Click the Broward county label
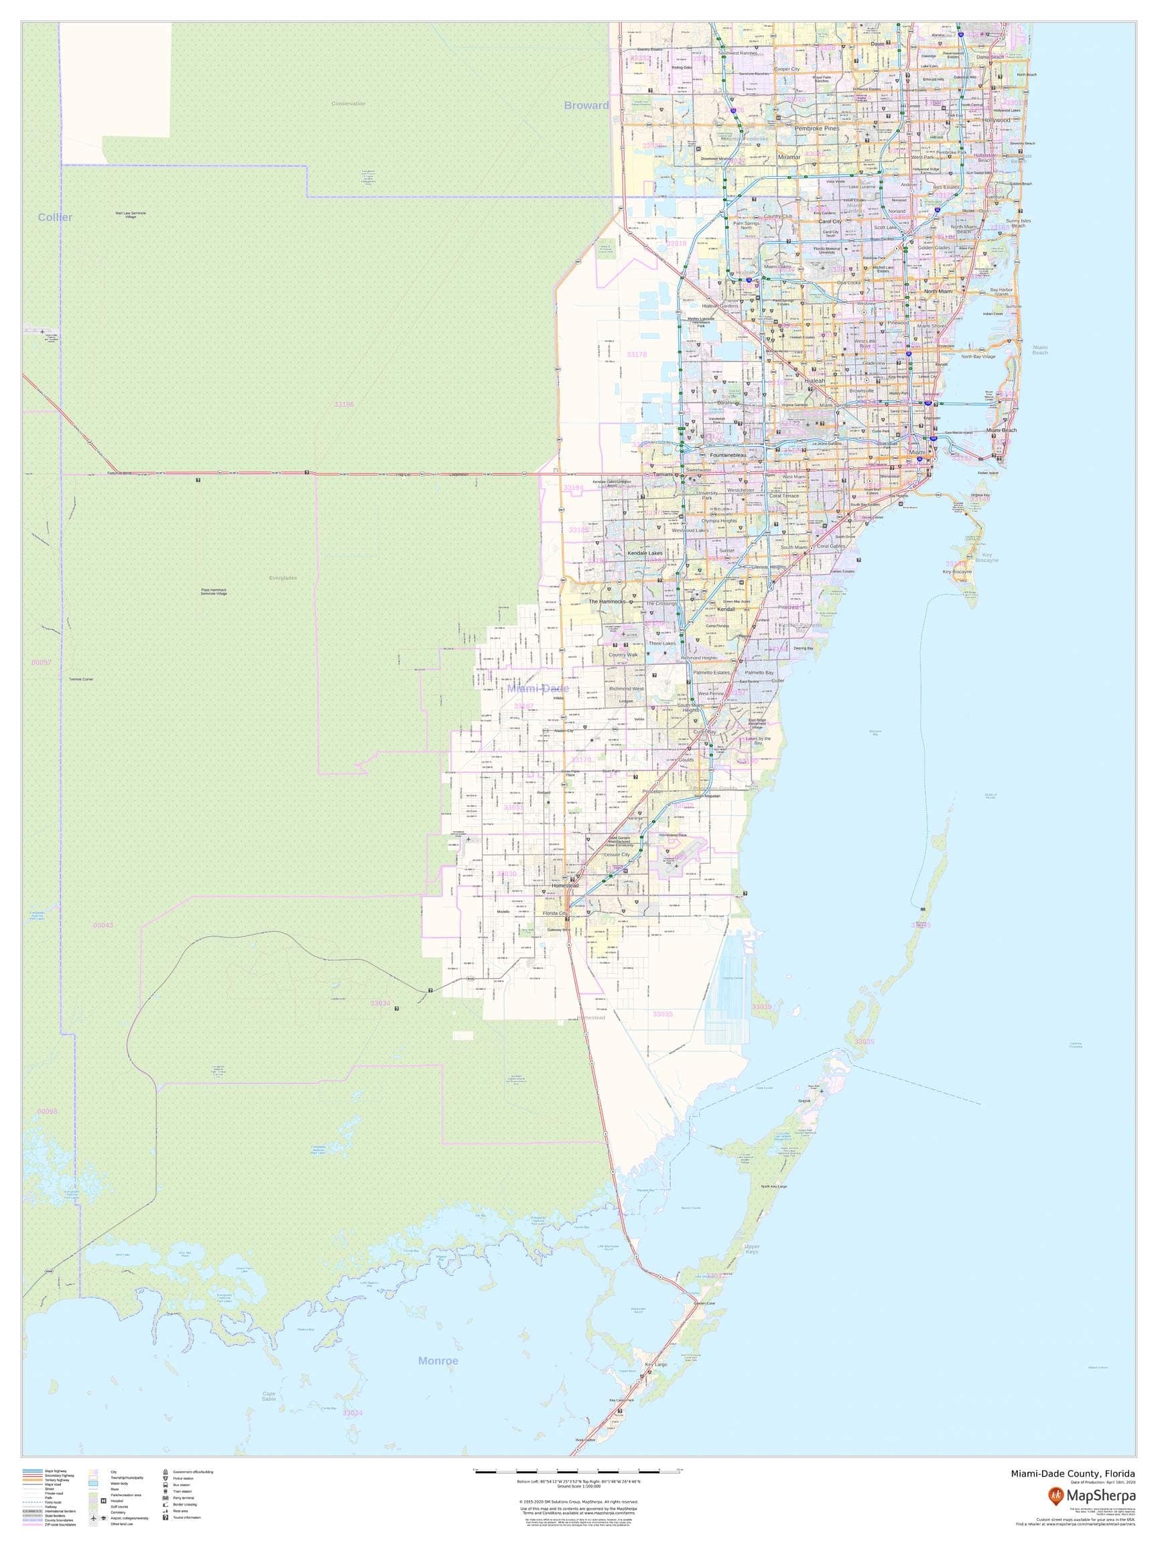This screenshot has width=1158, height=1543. coord(586,105)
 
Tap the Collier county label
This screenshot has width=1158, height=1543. coord(55,218)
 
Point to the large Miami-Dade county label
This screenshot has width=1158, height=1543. coord(538,688)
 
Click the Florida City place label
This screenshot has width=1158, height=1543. coord(555,913)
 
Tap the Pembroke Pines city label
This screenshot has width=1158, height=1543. coord(817,129)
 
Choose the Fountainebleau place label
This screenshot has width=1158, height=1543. coord(728,455)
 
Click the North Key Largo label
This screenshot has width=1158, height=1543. coord(775,1187)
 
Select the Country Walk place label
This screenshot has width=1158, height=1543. coord(623,655)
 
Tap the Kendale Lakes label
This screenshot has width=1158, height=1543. coord(644,553)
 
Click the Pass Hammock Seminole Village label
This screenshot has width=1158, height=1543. coord(214,591)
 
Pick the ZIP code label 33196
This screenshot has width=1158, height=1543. coord(343,405)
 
